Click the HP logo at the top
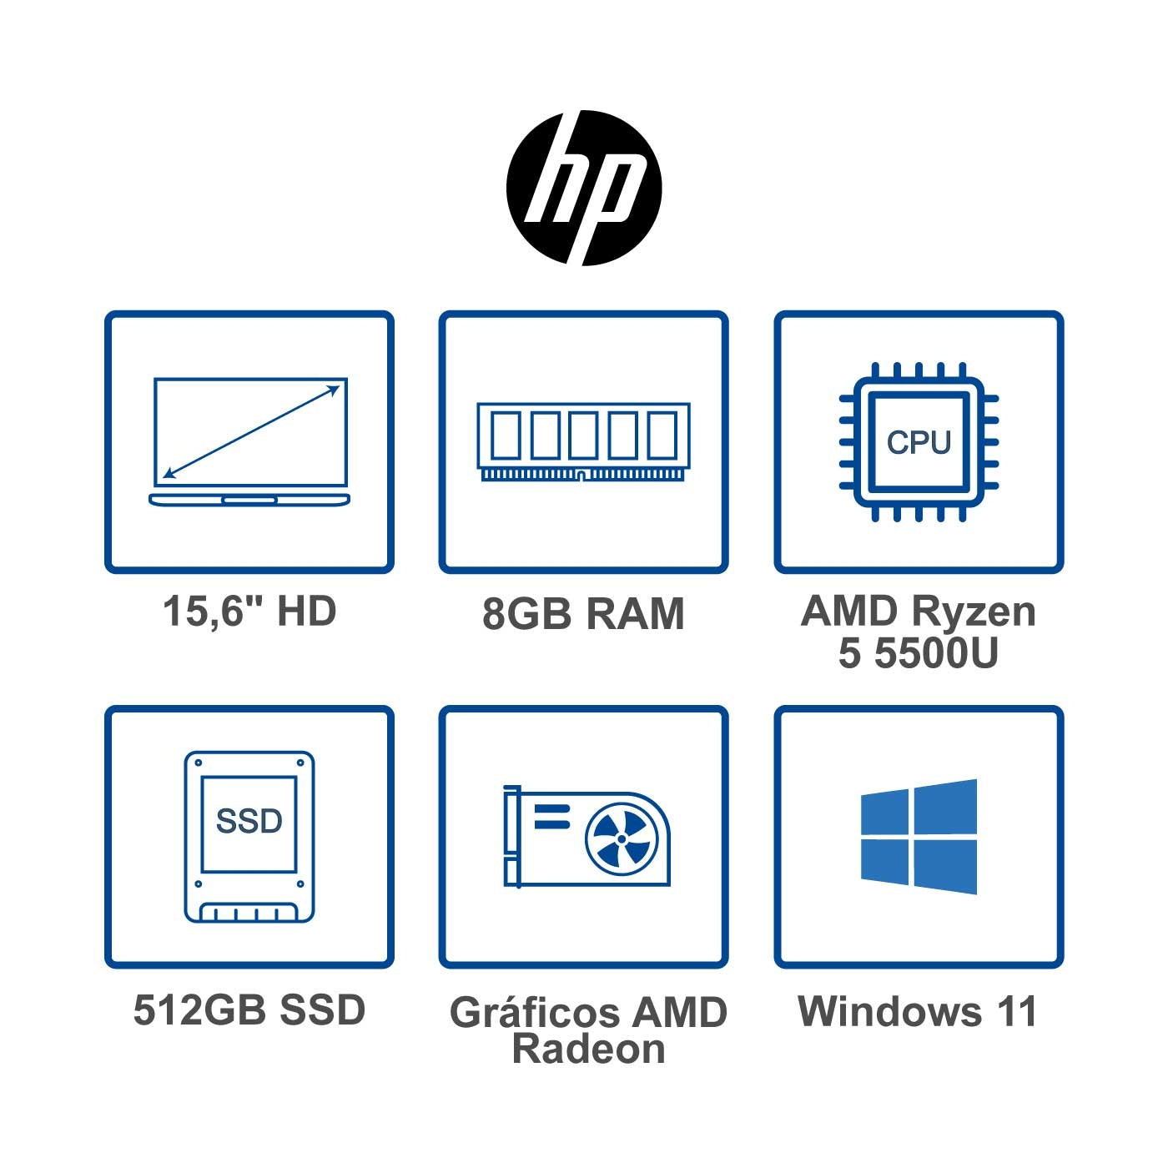(584, 188)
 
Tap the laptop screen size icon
(249, 442)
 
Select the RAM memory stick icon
(583, 442)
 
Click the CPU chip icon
(919, 442)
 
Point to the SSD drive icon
(249, 837)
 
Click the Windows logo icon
(919, 837)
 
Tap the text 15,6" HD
(249, 612)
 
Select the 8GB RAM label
(583, 614)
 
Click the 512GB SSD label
(249, 1010)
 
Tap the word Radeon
(588, 1050)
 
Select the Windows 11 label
(917, 1011)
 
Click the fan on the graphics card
(621, 839)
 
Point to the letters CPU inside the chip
(919, 442)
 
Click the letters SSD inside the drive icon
(249, 821)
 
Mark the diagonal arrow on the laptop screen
(251, 431)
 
